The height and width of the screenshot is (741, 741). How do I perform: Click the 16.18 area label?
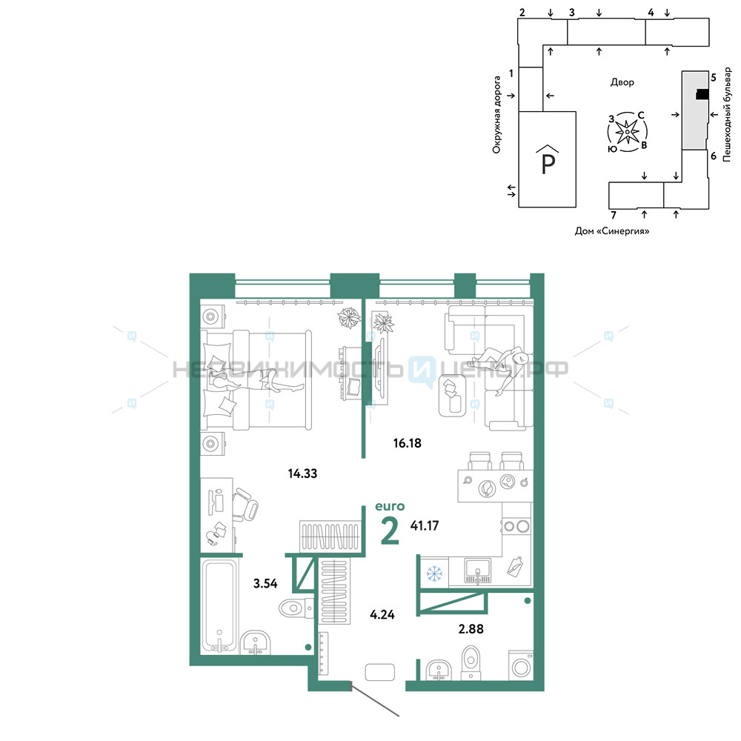[407, 443]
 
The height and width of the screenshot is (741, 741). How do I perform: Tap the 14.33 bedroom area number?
[302, 473]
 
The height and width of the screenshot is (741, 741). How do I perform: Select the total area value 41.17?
[425, 525]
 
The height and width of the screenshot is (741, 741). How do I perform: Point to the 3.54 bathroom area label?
[265, 584]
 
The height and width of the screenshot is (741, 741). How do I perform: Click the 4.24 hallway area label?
[382, 615]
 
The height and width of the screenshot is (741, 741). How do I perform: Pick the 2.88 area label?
[471, 629]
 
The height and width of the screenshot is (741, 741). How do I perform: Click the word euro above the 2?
[390, 507]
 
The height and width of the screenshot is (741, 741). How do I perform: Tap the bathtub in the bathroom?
[219, 606]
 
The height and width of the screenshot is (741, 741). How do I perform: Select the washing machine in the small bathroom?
[521, 666]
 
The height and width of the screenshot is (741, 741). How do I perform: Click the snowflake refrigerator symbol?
[434, 574]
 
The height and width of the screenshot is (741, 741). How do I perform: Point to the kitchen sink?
[478, 571]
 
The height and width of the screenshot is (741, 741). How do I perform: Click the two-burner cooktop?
[516, 526]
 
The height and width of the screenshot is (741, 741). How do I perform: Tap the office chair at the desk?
[245, 505]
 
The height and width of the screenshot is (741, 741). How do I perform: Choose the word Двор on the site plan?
[622, 82]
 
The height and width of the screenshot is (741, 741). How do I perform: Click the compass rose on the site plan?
[627, 132]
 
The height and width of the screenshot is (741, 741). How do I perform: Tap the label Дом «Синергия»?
[611, 231]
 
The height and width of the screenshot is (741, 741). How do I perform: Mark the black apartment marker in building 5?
[702, 95]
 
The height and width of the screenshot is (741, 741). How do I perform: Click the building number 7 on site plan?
[614, 216]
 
